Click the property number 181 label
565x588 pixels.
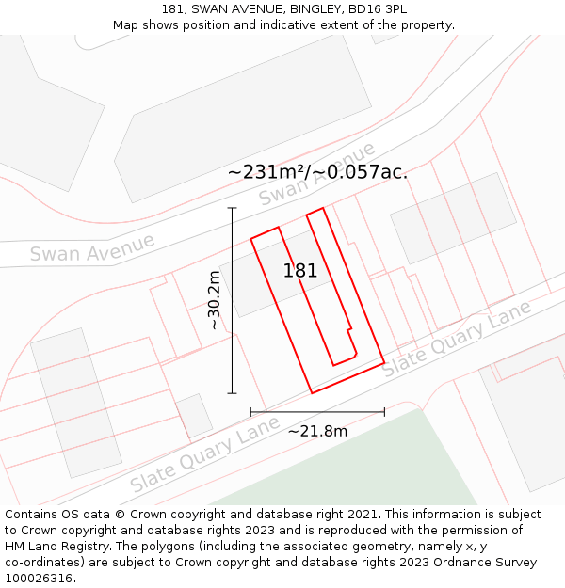coord(300,271)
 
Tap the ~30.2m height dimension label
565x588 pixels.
coord(215,300)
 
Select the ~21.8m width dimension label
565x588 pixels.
coord(317,431)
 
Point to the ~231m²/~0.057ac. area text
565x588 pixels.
coord(317,171)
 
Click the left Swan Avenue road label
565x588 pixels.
coord(91,248)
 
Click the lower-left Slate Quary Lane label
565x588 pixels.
coord(205,455)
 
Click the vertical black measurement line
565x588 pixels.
coord(233,300)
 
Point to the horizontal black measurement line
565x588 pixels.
coord(317,411)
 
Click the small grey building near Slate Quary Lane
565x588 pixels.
coord(195,416)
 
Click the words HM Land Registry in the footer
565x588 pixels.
coord(55,546)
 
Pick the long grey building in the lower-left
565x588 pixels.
coord(75,402)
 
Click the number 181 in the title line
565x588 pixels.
coord(171,9)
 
